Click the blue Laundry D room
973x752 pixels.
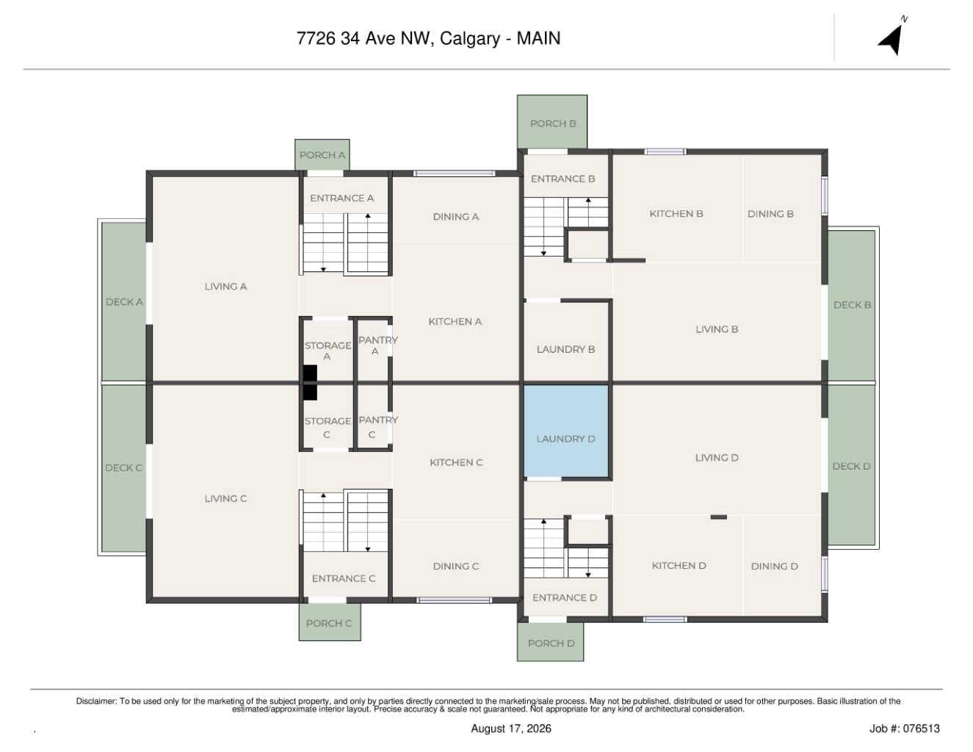click(x=566, y=431)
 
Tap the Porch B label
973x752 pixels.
click(x=553, y=123)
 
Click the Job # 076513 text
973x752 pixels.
click(x=905, y=728)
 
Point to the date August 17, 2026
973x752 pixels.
click(x=511, y=728)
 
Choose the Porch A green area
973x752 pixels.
click(x=322, y=154)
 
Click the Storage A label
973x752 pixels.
click(x=328, y=351)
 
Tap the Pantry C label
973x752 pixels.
click(x=378, y=427)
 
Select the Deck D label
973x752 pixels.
click(x=851, y=467)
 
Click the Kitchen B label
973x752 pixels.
click(x=676, y=214)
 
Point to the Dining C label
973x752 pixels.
click(x=456, y=567)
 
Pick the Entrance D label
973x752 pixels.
click(x=565, y=598)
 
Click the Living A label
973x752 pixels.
click(x=225, y=287)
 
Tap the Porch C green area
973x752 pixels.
click(x=330, y=623)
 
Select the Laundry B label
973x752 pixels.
click(x=565, y=350)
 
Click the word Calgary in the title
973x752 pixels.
click(x=470, y=39)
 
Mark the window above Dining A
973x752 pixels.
click(x=454, y=173)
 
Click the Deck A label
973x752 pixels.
click(x=124, y=302)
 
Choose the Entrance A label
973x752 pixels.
click(x=341, y=198)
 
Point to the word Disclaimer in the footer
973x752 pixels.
click(x=96, y=701)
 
